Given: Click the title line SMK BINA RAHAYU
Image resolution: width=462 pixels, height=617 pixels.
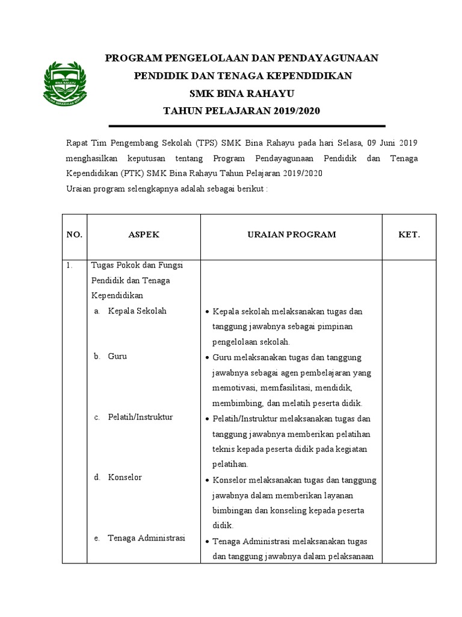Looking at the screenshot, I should [x=242, y=93].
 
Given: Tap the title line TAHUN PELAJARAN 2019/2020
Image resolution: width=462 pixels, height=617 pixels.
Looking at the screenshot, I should [x=242, y=111].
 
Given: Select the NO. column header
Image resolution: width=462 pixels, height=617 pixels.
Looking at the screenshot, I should [x=74, y=235].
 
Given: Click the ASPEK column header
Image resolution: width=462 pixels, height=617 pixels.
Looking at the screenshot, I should [x=144, y=234].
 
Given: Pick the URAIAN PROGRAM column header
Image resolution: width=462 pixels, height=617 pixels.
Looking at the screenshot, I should [x=292, y=234].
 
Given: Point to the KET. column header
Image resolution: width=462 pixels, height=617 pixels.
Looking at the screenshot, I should [x=409, y=234].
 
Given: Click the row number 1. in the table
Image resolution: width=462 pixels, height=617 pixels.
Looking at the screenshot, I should [x=70, y=265].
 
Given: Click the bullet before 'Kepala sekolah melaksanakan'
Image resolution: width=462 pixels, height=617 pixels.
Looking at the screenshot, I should [x=207, y=312].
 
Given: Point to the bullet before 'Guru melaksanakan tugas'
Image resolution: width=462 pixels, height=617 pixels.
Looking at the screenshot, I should [x=207, y=358].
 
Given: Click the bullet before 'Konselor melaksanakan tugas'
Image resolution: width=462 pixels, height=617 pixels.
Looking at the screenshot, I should [x=207, y=480].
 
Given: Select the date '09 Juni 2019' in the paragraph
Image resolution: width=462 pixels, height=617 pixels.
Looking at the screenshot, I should [x=392, y=143].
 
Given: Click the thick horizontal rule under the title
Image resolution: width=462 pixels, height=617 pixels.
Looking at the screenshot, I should [x=246, y=126].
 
